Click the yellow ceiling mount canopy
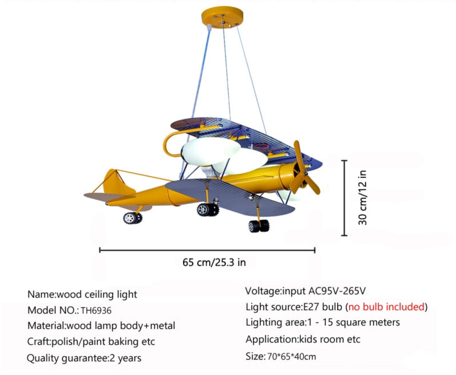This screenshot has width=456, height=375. click(x=222, y=18)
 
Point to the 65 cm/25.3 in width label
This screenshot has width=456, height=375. click(x=214, y=262)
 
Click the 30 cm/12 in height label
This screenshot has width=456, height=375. click(x=362, y=198)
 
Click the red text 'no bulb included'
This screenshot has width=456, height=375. click(x=386, y=307)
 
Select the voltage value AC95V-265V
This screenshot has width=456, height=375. click(x=337, y=291)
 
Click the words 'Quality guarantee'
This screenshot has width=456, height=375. click(x=67, y=358)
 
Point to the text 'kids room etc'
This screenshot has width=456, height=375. click(x=329, y=339)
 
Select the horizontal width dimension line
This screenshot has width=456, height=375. click(x=207, y=250)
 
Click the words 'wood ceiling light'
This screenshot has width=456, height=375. click(x=97, y=294)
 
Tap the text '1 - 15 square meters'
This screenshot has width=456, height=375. click(x=353, y=322)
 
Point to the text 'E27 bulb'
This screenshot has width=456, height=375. click(x=323, y=307)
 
